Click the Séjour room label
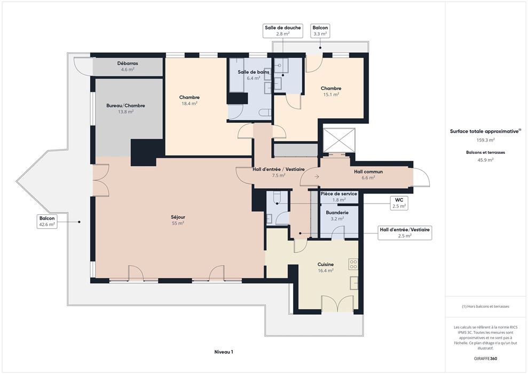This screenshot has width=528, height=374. point(178,217)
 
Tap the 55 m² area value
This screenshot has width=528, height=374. point(178,223)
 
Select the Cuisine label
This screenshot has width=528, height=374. point(326,264)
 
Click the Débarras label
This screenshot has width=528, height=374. point(128,64)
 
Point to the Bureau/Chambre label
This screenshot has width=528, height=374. point(125,105)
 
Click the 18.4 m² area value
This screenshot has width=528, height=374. point(189,104)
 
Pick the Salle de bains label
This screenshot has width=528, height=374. point(254,72)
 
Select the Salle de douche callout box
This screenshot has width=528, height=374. point(283,30)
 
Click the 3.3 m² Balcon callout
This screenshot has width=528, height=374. point(320,30)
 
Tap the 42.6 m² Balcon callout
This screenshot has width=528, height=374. point(47,221)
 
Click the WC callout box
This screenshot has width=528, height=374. point(399,203)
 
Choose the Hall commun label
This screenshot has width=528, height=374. point(368,172)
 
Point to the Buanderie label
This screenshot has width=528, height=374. point(337,213)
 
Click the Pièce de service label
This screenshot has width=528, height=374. point(339,194)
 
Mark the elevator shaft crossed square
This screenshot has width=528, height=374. point(339,140)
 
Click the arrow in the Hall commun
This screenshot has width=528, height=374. point(317,176)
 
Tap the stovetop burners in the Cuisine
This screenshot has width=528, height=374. point(353,264)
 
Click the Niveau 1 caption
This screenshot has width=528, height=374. point(224,352)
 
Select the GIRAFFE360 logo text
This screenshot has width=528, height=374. point(485,359)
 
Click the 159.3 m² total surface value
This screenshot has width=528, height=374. point(485,140)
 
